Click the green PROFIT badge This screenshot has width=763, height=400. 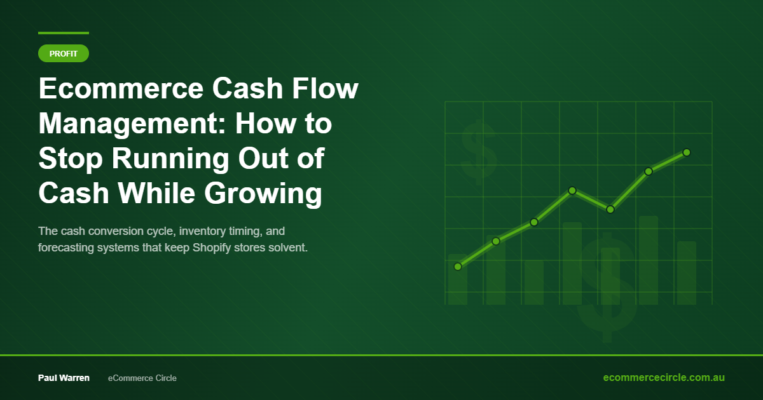[x=64, y=54]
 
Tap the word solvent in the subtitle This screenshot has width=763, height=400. [x=287, y=247]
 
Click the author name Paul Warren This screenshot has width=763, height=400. [x=64, y=378]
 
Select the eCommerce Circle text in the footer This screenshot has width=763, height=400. [x=142, y=378]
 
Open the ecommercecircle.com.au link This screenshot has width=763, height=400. [x=664, y=377]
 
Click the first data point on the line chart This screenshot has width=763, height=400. [x=458, y=267]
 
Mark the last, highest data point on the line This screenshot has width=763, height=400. [x=687, y=152]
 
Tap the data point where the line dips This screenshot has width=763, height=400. [x=610, y=210]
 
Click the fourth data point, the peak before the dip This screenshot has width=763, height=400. [x=572, y=190]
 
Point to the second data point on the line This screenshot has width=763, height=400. [x=496, y=241]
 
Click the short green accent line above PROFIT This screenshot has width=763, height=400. [x=64, y=32]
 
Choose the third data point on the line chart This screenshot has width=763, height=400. [x=534, y=222]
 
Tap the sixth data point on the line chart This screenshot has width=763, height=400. [x=649, y=171]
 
